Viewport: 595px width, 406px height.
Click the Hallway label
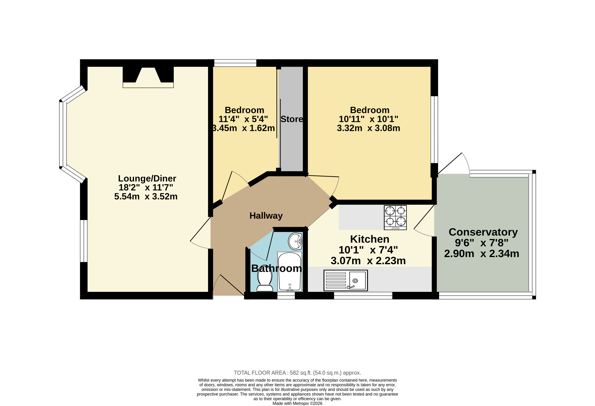click(x=266, y=216)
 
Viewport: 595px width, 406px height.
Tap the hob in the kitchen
click(x=395, y=217)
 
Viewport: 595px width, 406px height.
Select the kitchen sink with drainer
click(x=346, y=280)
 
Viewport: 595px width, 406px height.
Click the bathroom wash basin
click(x=295, y=241)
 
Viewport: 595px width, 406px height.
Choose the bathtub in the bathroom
click(x=290, y=272)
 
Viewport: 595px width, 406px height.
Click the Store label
click(x=292, y=119)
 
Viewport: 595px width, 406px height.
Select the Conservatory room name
click(x=483, y=232)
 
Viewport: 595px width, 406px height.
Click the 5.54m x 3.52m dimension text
click(x=146, y=197)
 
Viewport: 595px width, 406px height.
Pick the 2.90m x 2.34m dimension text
click(x=481, y=254)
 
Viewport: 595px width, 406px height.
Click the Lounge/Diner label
click(x=147, y=179)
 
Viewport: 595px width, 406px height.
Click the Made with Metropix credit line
click(x=297, y=403)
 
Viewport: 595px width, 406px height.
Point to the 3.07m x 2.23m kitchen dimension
click(x=368, y=261)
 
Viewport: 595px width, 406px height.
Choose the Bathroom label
click(x=277, y=268)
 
